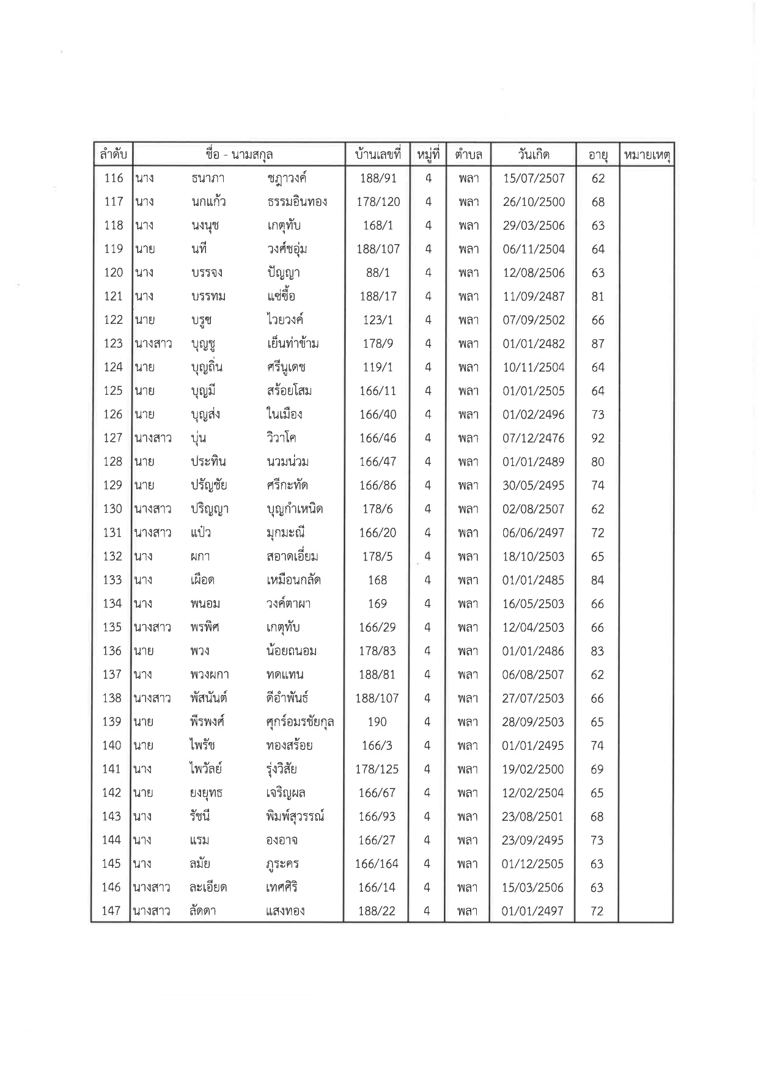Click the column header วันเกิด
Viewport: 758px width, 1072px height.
pos(533,155)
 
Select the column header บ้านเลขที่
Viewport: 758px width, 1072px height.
pos(377,155)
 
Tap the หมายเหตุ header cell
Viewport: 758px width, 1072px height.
pos(646,155)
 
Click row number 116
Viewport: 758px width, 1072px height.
pos(114,178)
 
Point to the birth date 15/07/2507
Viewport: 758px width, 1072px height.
pos(534,178)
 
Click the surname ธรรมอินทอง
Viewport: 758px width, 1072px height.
pos(298,202)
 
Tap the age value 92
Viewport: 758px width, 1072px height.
pos(597,438)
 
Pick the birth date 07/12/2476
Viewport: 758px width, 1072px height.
pos(534,438)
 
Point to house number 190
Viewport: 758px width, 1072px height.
pos(377,722)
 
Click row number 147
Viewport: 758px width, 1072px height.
pos(111,911)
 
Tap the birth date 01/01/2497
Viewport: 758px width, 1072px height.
pos(532,911)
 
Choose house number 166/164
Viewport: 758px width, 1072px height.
pos(377,864)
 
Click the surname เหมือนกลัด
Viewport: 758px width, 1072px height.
pos(294,580)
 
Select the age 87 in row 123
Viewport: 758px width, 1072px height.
pos(598,343)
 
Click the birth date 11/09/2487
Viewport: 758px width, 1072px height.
pos(534,296)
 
